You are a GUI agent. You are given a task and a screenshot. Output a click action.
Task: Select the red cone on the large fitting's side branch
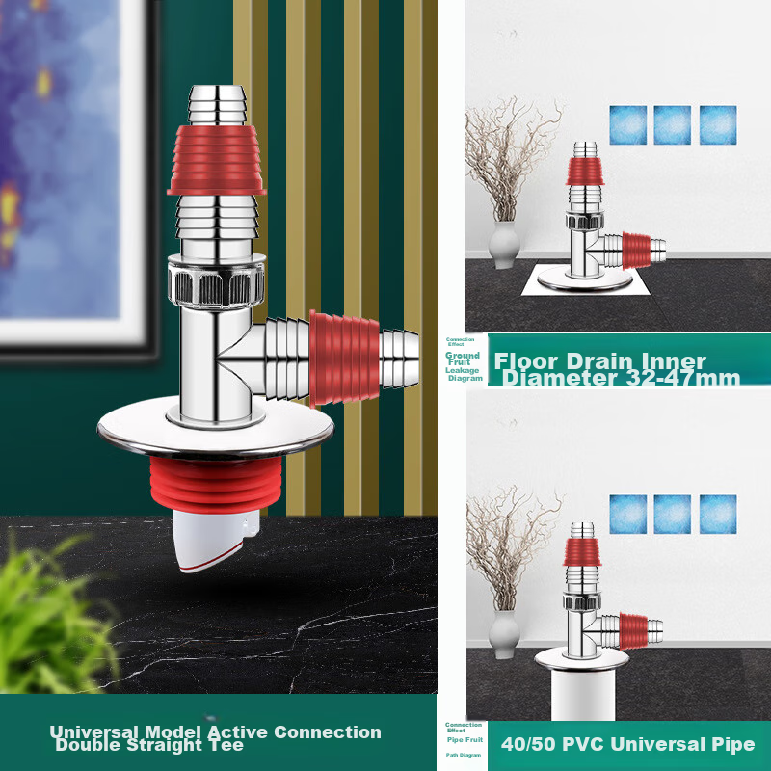[x=344, y=358]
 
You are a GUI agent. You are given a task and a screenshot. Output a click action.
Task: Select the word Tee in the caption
[x=226, y=745]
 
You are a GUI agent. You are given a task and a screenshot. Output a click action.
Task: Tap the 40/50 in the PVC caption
[x=527, y=744]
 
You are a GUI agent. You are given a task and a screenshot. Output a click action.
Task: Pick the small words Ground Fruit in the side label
[x=463, y=359]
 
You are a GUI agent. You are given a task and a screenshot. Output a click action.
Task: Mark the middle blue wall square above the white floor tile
[x=672, y=124]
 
